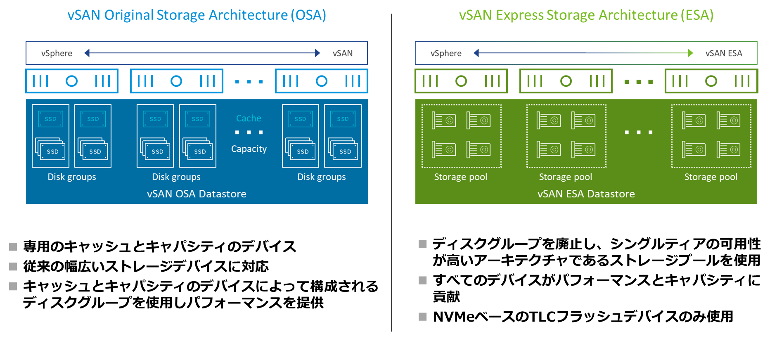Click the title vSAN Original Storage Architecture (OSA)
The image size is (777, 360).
point(197,15)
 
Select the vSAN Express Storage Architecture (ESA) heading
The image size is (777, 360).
point(586,15)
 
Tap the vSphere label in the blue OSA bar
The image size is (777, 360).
point(57,53)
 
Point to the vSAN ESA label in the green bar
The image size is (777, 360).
point(723,53)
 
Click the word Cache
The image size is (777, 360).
point(249,118)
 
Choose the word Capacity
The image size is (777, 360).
point(249,149)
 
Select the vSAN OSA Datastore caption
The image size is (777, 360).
point(197,194)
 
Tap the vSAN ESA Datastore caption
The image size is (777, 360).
point(586,194)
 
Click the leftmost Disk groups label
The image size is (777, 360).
point(72,177)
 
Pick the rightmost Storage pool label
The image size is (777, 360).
point(711,177)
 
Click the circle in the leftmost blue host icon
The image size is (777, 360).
point(71,81)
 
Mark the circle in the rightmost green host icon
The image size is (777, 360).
point(711,81)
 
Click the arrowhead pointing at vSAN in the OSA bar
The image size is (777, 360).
point(317,53)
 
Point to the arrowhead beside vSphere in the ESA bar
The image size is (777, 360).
point(476,53)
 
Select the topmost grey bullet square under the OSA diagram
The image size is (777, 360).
point(13,247)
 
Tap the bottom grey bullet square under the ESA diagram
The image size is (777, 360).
point(423,317)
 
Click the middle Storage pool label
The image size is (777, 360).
point(565,177)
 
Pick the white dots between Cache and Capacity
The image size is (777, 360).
point(249,133)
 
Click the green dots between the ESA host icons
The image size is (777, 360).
point(638,82)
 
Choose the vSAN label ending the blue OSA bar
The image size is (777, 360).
point(343,53)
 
